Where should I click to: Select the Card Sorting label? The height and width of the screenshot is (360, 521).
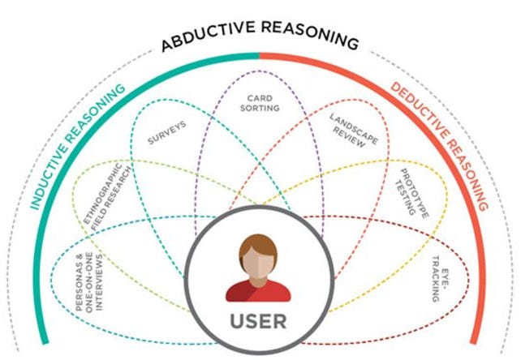[262, 103]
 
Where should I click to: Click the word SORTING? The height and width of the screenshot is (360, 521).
[262, 108]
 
